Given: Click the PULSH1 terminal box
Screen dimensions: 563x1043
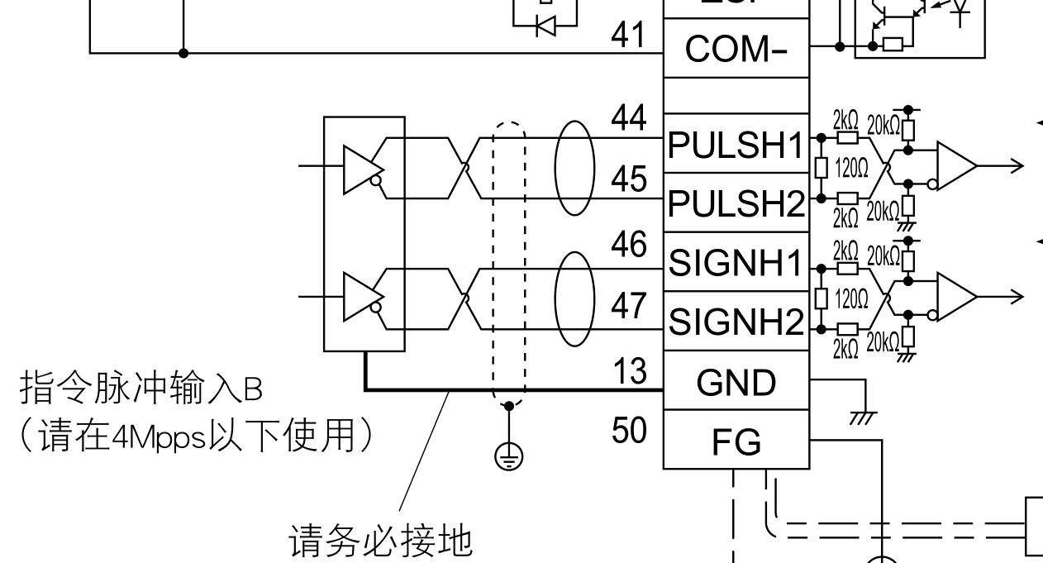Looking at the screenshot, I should coord(736,146).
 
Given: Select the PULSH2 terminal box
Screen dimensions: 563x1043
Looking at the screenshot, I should coord(736,203).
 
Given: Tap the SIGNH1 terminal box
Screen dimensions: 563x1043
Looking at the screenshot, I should coord(736,264).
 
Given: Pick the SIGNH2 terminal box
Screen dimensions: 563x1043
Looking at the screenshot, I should coord(736,322).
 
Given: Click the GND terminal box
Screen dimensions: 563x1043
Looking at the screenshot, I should coord(736,382).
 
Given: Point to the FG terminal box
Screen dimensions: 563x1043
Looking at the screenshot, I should coord(736,442).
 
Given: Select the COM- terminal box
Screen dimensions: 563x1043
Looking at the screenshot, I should coord(736,50).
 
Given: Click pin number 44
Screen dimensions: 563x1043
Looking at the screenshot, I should coord(630,121).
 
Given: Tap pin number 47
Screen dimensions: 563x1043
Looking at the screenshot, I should coord(630,307).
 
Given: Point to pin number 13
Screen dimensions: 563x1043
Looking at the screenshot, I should coord(630,371).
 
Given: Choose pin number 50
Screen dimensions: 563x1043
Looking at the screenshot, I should coord(630,430).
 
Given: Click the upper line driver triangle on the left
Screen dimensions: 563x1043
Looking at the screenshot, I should coord(359,166).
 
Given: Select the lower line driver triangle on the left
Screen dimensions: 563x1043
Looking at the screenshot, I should coord(359,296).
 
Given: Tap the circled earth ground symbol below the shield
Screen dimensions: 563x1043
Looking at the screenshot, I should coord(508,454).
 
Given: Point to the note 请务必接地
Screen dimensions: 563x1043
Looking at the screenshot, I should coord(380,542).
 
